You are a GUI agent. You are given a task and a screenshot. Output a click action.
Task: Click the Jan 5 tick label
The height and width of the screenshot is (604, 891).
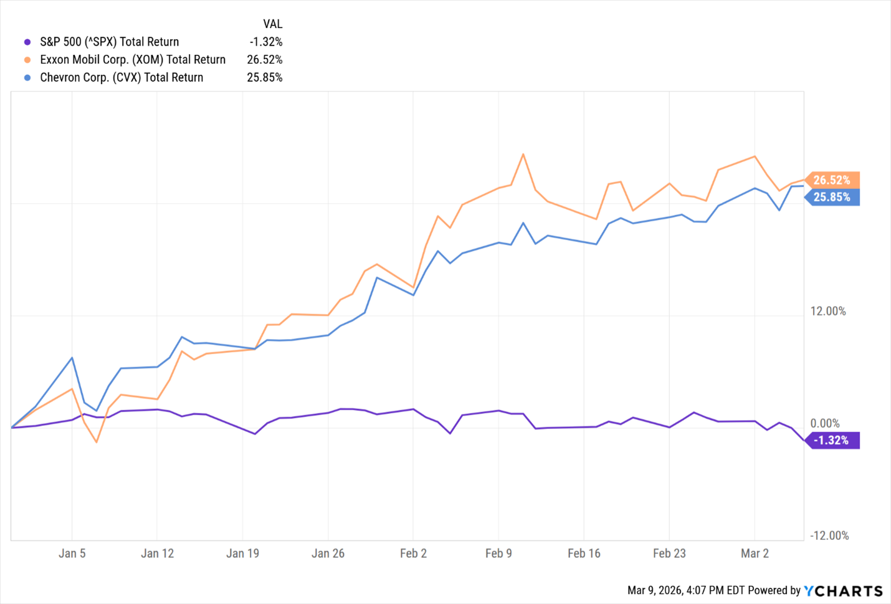click(72, 554)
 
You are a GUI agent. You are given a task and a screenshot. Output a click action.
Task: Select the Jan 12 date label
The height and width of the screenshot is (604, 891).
click(157, 554)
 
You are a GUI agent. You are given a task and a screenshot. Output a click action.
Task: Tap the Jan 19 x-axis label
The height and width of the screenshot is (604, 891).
click(242, 554)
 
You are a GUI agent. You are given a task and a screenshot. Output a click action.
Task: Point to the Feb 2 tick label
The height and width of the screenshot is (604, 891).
click(413, 554)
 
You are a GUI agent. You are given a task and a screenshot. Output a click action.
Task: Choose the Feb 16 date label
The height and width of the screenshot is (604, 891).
click(584, 554)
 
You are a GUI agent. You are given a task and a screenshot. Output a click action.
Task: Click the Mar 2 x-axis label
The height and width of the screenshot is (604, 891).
click(755, 554)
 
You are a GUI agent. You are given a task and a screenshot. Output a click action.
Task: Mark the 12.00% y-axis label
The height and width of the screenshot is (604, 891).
click(828, 311)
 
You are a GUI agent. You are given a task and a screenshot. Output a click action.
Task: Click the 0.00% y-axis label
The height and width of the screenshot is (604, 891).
click(825, 423)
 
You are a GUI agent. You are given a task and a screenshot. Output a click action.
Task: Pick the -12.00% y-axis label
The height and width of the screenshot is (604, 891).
click(829, 535)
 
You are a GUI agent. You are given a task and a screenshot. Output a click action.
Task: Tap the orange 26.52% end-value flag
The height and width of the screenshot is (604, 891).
click(832, 180)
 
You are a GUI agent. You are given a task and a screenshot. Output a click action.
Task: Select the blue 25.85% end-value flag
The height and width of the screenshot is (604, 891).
click(832, 197)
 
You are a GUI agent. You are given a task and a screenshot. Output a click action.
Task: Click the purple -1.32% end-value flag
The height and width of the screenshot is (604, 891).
click(832, 440)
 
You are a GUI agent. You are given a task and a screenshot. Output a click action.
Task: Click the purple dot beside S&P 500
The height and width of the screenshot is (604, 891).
click(27, 42)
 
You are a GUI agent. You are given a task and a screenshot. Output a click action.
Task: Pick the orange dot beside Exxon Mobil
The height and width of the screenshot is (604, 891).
click(27, 60)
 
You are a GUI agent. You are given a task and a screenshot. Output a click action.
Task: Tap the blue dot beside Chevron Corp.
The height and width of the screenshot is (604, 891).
click(27, 78)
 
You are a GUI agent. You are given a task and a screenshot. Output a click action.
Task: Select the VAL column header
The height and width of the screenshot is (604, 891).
click(272, 24)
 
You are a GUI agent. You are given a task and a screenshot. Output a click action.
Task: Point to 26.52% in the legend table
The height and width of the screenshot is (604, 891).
click(265, 60)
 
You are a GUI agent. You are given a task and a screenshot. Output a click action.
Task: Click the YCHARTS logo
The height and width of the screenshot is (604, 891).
click(843, 591)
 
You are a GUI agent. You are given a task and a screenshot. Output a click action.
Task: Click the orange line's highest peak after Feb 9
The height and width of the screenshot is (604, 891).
click(523, 154)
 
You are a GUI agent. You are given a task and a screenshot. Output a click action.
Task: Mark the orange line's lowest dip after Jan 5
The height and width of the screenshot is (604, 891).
click(97, 442)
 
